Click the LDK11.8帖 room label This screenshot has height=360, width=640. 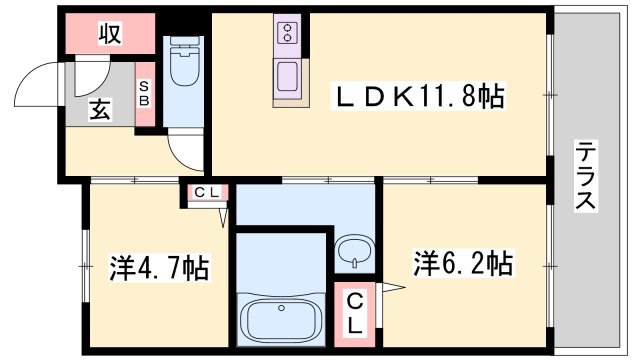coord(418,96)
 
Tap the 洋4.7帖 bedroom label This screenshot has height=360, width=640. coord(158,267)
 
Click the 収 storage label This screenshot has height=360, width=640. coord(109,33)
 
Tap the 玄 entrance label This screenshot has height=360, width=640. coord(101,111)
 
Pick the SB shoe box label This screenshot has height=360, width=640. coord(145,92)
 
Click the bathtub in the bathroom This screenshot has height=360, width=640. coord(281,319)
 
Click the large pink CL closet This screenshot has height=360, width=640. coord(356,312)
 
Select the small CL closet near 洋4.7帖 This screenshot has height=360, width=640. coord(206,193)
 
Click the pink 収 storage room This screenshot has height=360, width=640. coord(110,34)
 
